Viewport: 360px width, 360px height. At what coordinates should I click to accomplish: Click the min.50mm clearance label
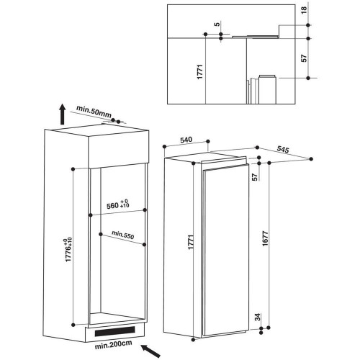coord(94,112)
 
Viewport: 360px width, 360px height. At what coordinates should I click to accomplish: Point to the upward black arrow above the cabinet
coord(63,114)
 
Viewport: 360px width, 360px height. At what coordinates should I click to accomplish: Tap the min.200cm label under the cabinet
coord(113,345)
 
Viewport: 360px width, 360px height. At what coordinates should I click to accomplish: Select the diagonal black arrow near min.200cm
coord(150,351)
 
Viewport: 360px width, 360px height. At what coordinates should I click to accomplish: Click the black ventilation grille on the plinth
coord(114,331)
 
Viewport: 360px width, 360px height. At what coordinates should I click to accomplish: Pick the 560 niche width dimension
coord(118,204)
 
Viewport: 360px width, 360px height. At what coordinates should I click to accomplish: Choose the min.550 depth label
coord(123,235)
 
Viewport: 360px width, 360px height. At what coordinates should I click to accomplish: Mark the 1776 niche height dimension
coord(68,250)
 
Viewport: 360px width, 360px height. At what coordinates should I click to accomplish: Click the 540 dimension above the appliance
coord(186,140)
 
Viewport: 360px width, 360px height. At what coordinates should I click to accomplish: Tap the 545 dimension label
coord(283,149)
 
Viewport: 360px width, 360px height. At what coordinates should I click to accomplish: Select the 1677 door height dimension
coord(265,238)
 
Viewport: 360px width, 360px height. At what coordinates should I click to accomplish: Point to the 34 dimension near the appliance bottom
coord(258,317)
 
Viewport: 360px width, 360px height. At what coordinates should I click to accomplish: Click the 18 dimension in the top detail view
coord(304,10)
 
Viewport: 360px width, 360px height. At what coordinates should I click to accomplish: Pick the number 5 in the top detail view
coord(217,24)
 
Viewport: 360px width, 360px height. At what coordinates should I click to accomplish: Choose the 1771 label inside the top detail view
coord(200,72)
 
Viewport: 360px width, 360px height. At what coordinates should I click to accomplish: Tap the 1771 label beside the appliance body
coord(191,242)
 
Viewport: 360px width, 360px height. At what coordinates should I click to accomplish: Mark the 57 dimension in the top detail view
coord(304,58)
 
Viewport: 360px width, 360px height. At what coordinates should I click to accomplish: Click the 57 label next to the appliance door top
coord(255,177)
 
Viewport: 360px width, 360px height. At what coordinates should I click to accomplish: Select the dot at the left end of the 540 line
coord(164,147)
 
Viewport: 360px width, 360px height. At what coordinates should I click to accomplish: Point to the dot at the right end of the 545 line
coord(311,159)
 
